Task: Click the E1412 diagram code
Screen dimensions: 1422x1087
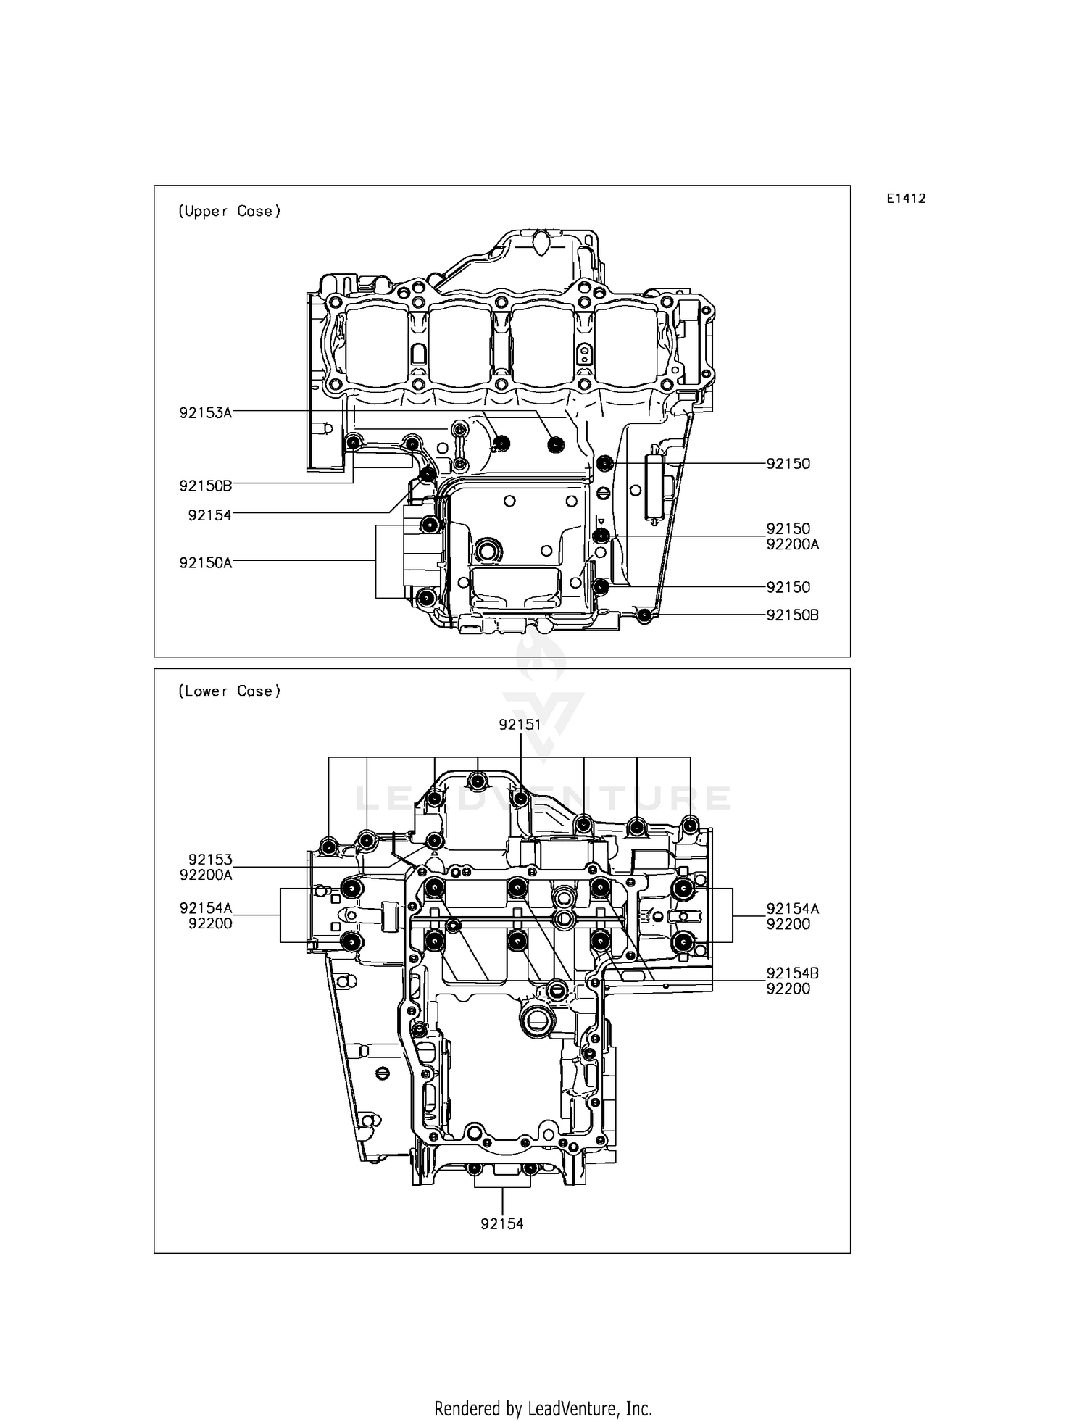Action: tap(905, 199)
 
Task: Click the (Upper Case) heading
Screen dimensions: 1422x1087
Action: tap(229, 211)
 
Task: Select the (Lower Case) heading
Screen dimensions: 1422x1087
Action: tap(229, 691)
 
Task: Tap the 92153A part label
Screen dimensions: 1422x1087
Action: tap(205, 413)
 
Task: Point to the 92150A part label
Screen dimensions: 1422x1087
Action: tap(205, 562)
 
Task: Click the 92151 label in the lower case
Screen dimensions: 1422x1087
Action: tap(520, 724)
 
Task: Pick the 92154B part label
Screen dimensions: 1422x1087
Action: tap(792, 973)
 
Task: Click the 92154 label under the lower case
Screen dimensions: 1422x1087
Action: tap(501, 1223)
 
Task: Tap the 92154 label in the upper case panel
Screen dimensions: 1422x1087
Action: tap(209, 515)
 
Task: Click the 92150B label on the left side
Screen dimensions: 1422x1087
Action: tap(205, 485)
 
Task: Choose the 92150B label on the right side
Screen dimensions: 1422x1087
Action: tap(792, 615)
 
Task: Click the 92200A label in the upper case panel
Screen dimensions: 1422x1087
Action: tap(792, 544)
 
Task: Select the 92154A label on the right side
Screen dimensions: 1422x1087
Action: tap(792, 908)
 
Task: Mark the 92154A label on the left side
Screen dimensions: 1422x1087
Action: tap(205, 908)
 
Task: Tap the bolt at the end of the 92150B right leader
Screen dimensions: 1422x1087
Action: tap(644, 615)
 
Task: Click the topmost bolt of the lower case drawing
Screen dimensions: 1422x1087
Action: tap(478, 781)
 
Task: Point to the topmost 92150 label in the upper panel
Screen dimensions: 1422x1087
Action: tap(788, 464)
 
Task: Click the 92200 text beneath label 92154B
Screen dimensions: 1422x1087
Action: tap(788, 989)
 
